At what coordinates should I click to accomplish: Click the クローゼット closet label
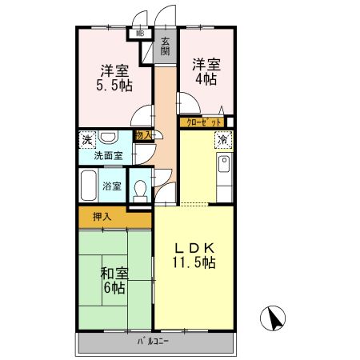(202, 122)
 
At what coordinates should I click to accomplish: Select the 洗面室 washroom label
(105, 156)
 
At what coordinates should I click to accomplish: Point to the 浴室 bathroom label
(112, 186)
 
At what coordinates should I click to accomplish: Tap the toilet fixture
(141, 190)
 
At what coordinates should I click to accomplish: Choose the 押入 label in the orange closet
(102, 215)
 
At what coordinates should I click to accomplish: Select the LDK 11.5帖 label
(194, 254)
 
